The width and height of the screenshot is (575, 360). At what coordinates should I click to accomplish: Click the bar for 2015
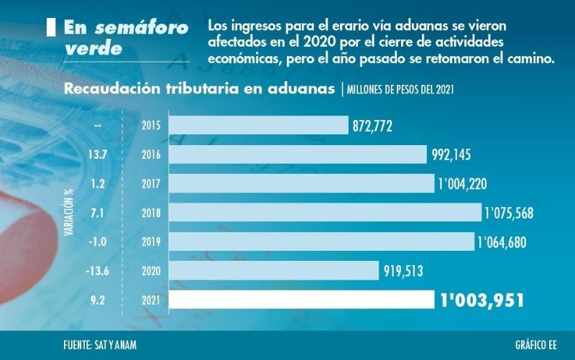[259, 126]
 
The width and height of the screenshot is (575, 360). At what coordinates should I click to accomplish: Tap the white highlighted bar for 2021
[301, 300]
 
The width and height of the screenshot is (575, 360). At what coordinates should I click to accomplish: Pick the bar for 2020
[274, 270]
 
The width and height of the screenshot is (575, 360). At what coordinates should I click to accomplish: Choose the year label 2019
[151, 242]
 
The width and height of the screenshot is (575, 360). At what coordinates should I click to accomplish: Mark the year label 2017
[151, 184]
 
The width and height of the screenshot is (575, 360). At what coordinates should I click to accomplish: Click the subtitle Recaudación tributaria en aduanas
[199, 89]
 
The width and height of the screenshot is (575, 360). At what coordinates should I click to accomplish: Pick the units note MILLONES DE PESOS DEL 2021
[400, 90]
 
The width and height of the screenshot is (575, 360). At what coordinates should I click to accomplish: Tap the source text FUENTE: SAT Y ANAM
[99, 345]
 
